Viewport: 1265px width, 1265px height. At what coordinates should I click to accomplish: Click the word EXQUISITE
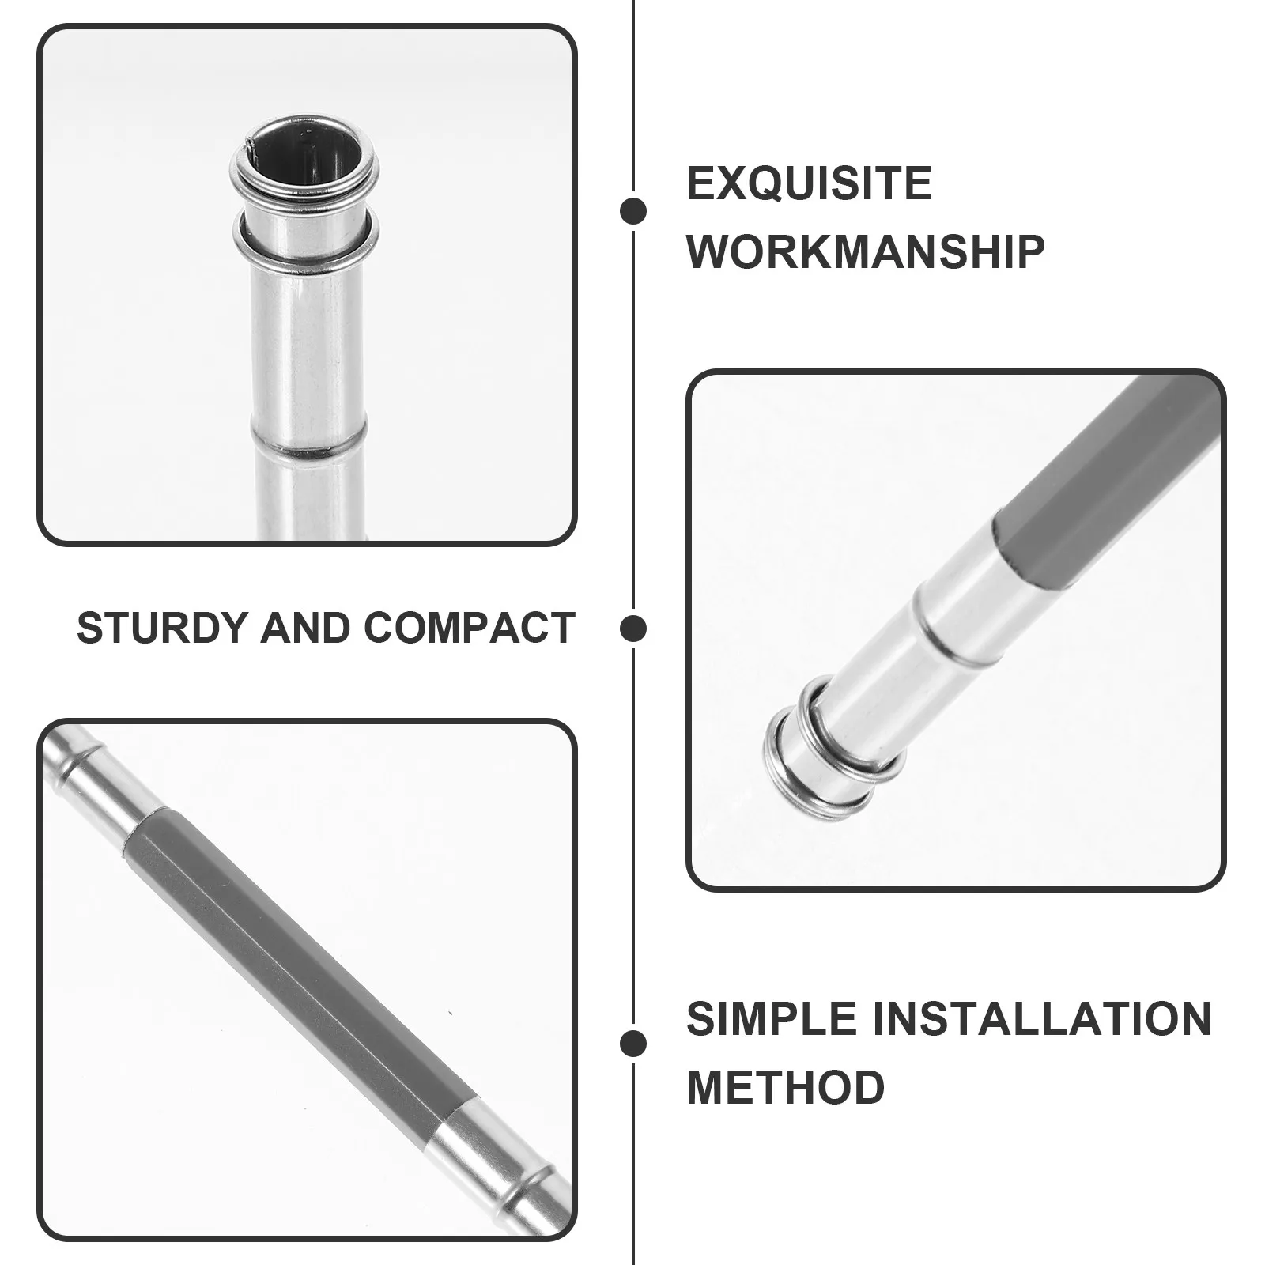809,183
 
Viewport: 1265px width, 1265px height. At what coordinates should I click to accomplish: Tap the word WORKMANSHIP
866,251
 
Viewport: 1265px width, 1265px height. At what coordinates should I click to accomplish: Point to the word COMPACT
469,628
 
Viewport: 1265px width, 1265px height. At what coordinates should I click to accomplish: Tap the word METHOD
786,1086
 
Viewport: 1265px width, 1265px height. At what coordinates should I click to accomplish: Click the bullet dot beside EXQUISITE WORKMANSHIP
633,211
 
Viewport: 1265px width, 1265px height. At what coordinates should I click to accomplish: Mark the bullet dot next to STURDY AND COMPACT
633,629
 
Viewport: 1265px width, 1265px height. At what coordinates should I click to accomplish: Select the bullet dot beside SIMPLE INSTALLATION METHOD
633,1043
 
